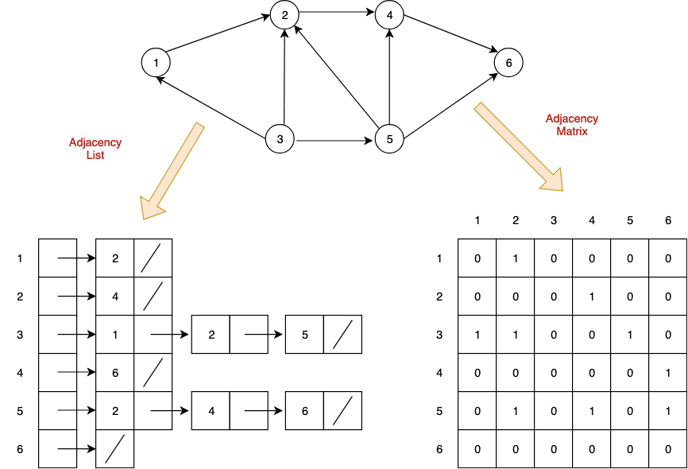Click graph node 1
157,62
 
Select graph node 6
508,62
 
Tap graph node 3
280,141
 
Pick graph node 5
389,141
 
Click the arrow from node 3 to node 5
334,141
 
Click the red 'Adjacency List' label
95,149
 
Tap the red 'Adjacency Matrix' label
572,125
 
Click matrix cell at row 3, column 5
630,335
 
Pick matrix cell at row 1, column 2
516,258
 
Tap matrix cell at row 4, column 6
668,373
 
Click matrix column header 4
592,220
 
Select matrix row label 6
439,449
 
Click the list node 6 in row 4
115,373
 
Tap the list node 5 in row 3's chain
304,335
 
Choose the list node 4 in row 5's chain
211,411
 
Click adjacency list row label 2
20,297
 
